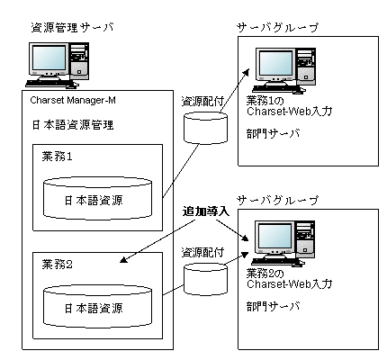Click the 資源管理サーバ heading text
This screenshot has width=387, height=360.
click(72, 28)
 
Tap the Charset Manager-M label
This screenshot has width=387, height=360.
click(73, 100)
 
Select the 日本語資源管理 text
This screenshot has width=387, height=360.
click(73, 124)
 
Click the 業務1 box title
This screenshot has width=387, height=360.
click(57, 157)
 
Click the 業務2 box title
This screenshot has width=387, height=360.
click(57, 265)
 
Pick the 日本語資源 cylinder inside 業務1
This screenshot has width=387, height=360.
click(97, 198)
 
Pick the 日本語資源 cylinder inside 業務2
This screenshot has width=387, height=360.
click(97, 306)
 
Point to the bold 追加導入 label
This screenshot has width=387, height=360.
click(206, 211)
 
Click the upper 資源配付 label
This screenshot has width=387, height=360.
click(202, 102)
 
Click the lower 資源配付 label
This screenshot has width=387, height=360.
click(202, 253)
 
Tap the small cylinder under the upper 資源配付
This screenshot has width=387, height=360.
click(205, 128)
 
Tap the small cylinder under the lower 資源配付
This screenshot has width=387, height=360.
click(205, 279)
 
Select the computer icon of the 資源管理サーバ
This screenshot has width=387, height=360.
click(58, 65)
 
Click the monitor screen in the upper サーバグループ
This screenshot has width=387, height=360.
click(275, 63)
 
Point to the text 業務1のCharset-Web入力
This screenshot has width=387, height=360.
click(289, 106)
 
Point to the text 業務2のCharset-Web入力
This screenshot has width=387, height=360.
click(289, 279)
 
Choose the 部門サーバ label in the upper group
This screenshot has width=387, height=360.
click(274, 133)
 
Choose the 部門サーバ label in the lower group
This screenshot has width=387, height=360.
click(274, 306)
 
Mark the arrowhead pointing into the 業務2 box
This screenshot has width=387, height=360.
click(123, 260)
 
